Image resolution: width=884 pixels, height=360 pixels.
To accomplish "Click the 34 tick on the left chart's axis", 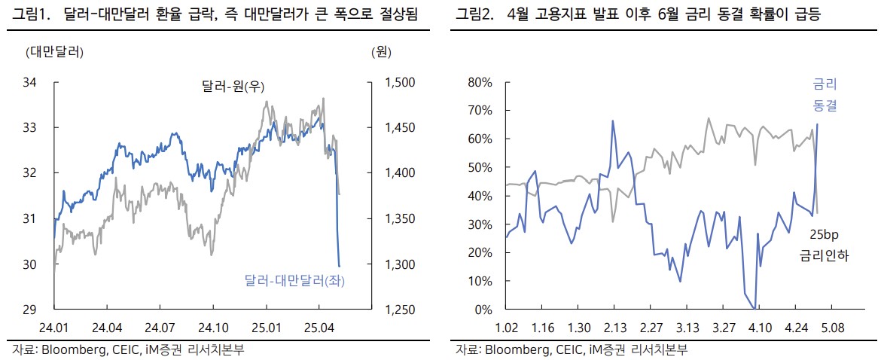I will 31,82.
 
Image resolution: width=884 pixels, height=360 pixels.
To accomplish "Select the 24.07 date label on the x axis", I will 159,328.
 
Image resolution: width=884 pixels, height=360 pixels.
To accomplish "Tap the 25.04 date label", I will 319,328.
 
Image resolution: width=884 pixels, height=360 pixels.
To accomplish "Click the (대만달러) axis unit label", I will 54,52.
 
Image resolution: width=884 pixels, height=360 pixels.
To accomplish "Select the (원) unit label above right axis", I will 380,52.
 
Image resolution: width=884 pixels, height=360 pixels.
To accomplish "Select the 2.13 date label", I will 614,328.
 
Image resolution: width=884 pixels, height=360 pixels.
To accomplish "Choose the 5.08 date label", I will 833,328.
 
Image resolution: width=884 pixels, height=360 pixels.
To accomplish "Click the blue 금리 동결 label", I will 825,95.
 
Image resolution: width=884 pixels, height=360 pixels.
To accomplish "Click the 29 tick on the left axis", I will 31,310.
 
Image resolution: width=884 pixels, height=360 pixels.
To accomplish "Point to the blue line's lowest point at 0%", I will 754,309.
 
